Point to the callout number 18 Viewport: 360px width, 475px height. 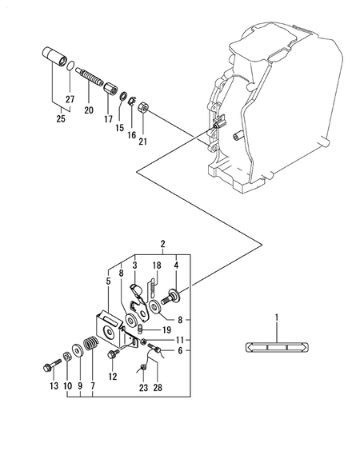pos(158,265)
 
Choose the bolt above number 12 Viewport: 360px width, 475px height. pos(111,357)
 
